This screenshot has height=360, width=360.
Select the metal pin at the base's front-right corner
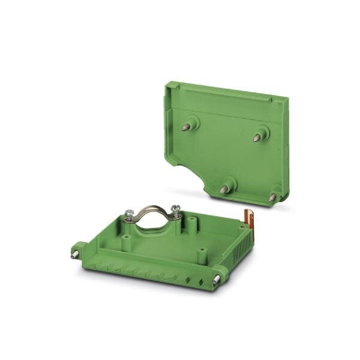(x=214, y=281)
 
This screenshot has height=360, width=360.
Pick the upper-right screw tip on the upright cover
(x=257, y=137)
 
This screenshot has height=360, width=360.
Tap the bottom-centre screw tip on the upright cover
(x=224, y=189)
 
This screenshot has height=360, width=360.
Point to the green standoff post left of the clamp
(x=127, y=242)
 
